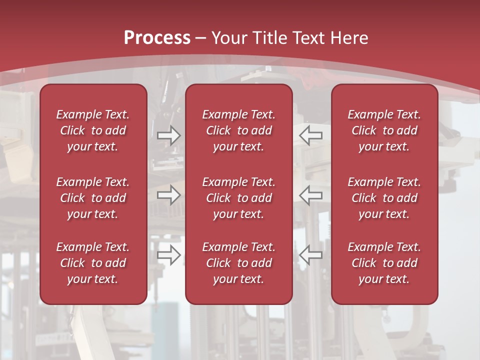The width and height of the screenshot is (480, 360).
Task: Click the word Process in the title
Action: (157, 38)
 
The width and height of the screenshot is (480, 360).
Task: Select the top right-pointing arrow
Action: (168, 135)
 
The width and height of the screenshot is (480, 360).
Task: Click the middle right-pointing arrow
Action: (168, 195)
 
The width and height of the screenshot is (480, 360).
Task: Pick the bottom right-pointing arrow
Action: (168, 255)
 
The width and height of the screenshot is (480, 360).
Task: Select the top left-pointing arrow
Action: (311, 135)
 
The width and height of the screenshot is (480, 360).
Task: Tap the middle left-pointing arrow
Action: (311, 195)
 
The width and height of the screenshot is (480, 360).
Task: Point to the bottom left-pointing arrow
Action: (311, 255)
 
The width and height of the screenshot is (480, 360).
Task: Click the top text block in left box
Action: (93, 130)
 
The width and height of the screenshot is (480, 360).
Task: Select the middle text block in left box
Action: (93, 198)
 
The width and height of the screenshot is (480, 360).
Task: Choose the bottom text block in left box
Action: (93, 263)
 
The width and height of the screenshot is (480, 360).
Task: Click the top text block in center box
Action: (238, 130)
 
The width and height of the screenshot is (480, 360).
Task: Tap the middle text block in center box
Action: (238, 198)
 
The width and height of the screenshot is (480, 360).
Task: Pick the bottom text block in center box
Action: (238, 263)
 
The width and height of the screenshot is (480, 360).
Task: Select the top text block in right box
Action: (384, 130)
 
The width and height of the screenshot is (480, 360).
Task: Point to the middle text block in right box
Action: (384, 198)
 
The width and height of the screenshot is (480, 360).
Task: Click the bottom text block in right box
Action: (384, 263)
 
